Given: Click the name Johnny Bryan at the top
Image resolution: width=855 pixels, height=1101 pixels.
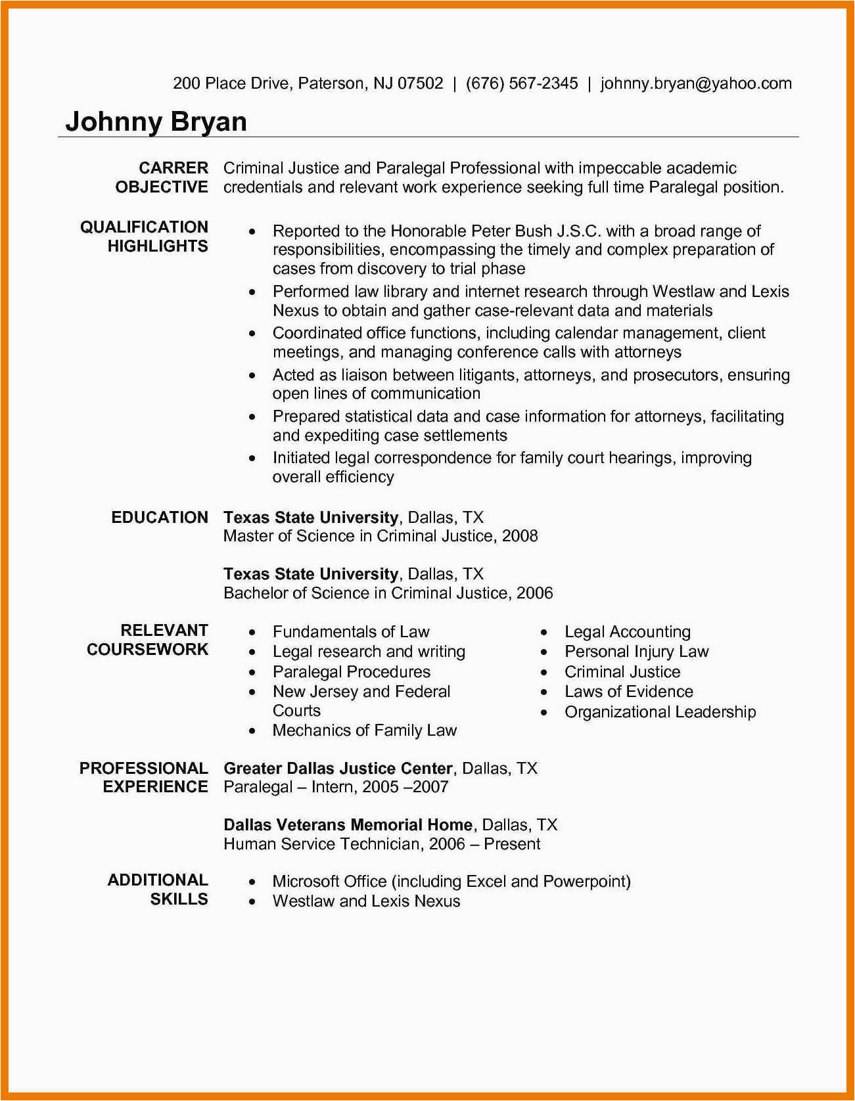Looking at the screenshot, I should coord(156,122).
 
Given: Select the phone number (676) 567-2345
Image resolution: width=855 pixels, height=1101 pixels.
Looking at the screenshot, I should coord(522,83).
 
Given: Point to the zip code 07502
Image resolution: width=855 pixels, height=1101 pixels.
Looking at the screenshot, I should coord(421,83).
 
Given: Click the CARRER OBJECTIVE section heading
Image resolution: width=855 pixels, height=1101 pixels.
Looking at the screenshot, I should coord(162,177).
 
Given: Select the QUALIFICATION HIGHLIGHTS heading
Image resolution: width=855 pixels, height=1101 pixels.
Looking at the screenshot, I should coord(145,236).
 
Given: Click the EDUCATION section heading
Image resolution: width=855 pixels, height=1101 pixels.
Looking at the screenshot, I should coord(160,518).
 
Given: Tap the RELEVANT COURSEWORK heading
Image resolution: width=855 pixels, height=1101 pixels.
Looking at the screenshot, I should coord(148,640).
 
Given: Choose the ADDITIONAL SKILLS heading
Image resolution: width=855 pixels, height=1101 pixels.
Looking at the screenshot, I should coord(158,889).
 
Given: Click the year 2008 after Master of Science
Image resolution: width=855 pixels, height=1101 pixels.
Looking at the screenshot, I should coord(520,536).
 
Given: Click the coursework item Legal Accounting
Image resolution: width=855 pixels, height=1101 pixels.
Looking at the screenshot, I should coord(628,632).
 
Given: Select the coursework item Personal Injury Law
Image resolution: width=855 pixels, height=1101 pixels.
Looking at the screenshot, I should coord(636,652).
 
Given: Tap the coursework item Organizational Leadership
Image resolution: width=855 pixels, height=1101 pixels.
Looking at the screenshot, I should coord(660,712).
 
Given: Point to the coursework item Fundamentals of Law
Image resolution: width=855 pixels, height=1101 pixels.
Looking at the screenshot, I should coord(351,632).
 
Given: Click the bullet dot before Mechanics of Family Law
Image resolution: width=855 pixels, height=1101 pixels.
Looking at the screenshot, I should coord(252,731).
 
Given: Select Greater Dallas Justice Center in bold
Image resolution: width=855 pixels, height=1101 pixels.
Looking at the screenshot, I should coord(338,769).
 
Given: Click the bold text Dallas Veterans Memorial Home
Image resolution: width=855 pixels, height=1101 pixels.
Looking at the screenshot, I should coord(348,825).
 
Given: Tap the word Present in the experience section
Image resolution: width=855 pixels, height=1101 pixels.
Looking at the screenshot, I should coord(512,844).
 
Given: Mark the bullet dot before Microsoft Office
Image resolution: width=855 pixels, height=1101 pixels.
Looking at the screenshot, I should coord(252,882).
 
